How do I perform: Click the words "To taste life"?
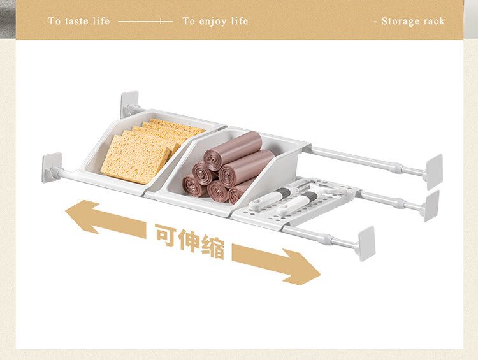point(78,21)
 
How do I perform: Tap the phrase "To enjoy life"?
point(215,21)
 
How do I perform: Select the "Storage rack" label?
point(413,21)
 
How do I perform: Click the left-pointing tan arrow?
point(105,219)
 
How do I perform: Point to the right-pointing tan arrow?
point(276,264)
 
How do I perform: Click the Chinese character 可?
point(166,234)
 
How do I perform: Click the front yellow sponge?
point(135,159)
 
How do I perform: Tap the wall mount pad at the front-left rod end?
point(52,167)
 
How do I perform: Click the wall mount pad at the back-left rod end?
point(129,104)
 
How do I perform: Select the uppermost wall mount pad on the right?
point(435,171)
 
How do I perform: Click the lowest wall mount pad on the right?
point(366,243)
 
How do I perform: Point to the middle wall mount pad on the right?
point(431,206)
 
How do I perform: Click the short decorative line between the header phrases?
point(145,21)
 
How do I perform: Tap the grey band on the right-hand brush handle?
point(309,196)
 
